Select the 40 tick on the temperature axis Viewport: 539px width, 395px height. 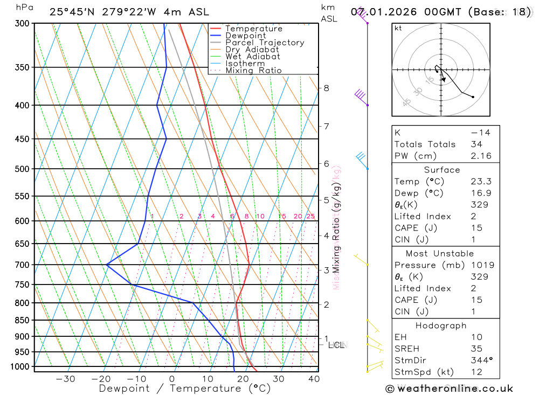(x=313, y=379)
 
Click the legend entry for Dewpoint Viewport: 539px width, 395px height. (x=245, y=36)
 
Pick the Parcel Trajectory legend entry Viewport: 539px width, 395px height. (x=264, y=43)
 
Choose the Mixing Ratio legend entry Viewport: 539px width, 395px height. (x=253, y=70)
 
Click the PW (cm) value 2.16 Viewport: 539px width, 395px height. (x=478, y=156)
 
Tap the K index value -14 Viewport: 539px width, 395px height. (x=476, y=133)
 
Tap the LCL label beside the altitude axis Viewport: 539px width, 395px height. (x=337, y=344)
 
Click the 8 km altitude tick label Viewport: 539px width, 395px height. (x=326, y=88)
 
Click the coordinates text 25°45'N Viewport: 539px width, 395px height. (x=71, y=12)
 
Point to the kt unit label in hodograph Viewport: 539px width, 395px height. (x=398, y=28)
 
